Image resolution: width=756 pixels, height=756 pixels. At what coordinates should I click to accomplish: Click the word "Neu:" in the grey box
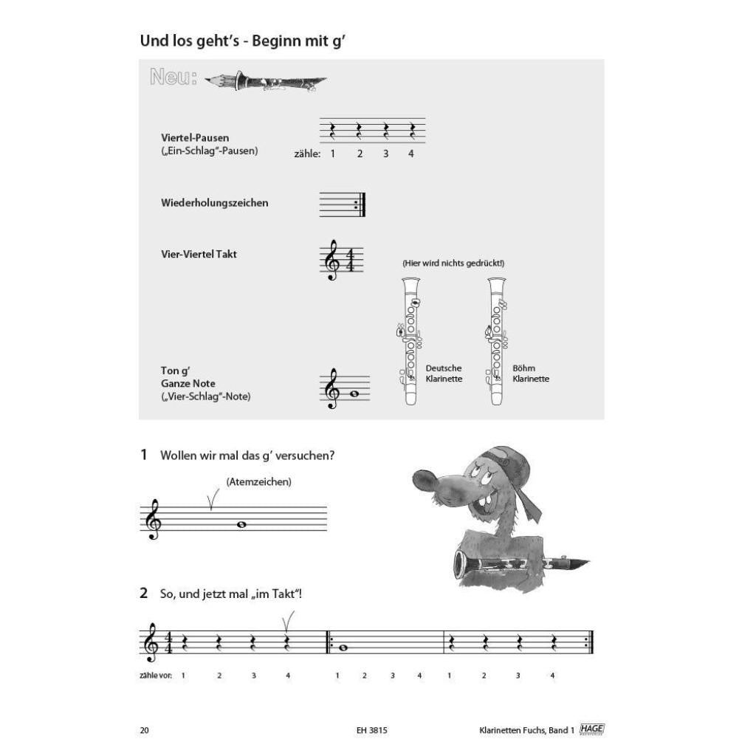pyautogui.click(x=173, y=77)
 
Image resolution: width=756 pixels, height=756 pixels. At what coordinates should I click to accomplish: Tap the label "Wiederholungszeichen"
pyautogui.click(x=215, y=203)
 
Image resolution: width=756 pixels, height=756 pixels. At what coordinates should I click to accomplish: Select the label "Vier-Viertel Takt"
pyautogui.click(x=199, y=254)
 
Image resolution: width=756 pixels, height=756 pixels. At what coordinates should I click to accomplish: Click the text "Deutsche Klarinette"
pyautogui.click(x=444, y=374)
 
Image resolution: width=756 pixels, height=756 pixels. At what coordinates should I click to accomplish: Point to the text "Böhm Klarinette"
pyautogui.click(x=530, y=374)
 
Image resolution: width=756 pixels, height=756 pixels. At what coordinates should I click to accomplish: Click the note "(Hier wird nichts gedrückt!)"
pyautogui.click(x=453, y=264)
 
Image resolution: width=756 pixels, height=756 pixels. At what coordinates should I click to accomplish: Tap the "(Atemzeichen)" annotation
pyautogui.click(x=259, y=481)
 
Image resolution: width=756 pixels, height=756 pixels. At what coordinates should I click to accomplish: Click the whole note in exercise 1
pyautogui.click(x=241, y=525)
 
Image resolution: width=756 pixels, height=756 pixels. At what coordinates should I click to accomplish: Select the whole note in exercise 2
pyautogui.click(x=343, y=647)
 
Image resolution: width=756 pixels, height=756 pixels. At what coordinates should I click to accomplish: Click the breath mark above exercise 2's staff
pyautogui.click(x=287, y=622)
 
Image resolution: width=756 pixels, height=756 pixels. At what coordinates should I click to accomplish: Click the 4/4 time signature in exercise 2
pyautogui.click(x=168, y=642)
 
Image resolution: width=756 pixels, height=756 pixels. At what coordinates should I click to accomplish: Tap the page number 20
pyautogui.click(x=144, y=730)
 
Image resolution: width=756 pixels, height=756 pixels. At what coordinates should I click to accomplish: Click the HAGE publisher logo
pyautogui.click(x=591, y=729)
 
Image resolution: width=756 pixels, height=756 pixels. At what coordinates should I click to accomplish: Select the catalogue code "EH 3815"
pyautogui.click(x=372, y=730)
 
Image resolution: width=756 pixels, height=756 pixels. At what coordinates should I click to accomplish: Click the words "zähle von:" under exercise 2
pyautogui.click(x=156, y=676)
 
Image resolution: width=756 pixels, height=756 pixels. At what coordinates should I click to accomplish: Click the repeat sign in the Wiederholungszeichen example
pyautogui.click(x=360, y=205)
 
